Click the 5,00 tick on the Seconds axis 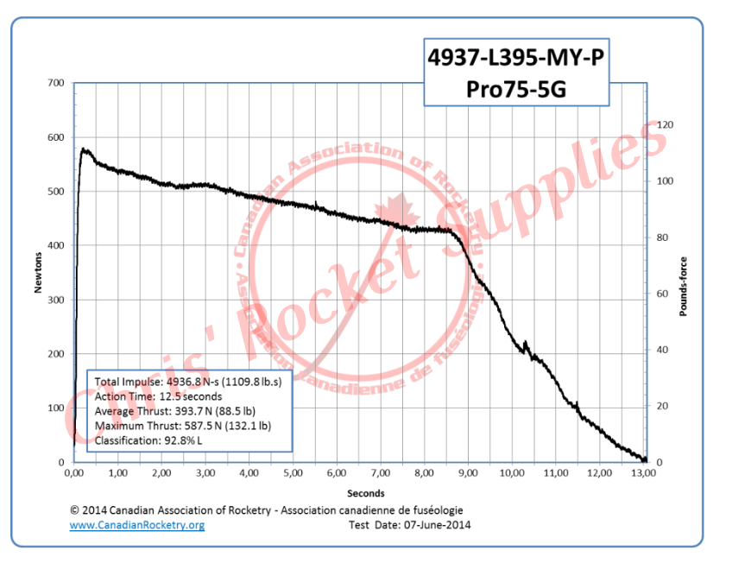293,473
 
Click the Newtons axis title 38,273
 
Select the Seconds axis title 359,493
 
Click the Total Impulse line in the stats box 192,382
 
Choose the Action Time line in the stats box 159,396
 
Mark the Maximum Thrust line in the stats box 183,426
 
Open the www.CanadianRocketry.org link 136,525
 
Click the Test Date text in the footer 409,525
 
